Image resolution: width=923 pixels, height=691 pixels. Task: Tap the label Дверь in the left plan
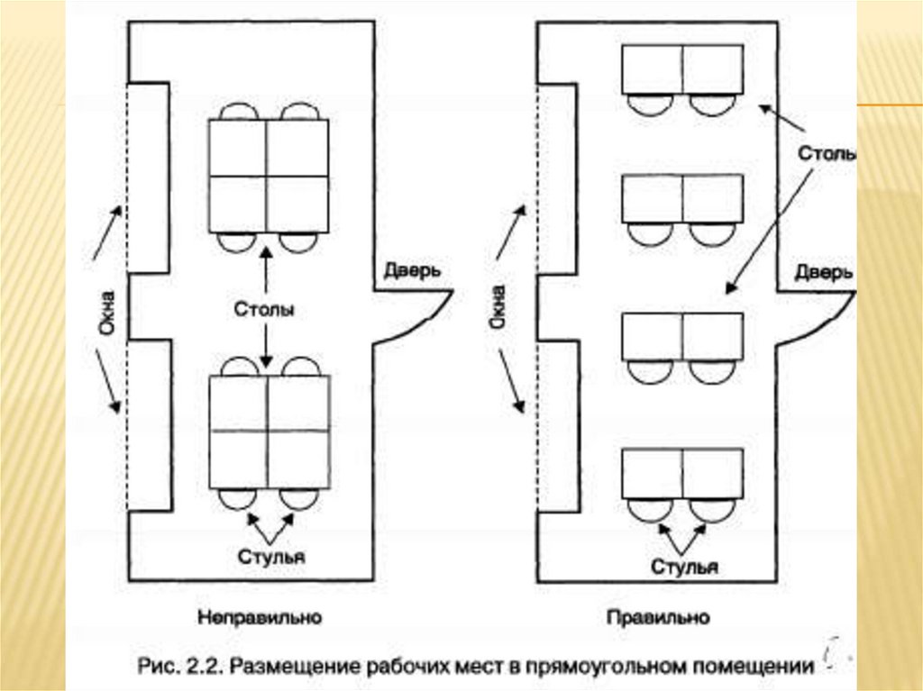(x=412, y=270)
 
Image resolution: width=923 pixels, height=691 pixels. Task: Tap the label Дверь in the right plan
(x=824, y=272)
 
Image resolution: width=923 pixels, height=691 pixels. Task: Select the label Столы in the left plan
(x=265, y=310)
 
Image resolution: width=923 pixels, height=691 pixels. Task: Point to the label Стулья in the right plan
(x=685, y=566)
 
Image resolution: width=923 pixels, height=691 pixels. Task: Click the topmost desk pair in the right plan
(x=682, y=70)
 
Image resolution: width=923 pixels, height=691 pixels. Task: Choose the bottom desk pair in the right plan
(x=682, y=472)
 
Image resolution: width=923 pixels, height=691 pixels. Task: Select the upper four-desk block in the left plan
(x=269, y=175)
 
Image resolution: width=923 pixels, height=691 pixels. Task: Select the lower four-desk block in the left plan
(x=270, y=432)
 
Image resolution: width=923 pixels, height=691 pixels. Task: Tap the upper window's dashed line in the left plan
(x=127, y=177)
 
